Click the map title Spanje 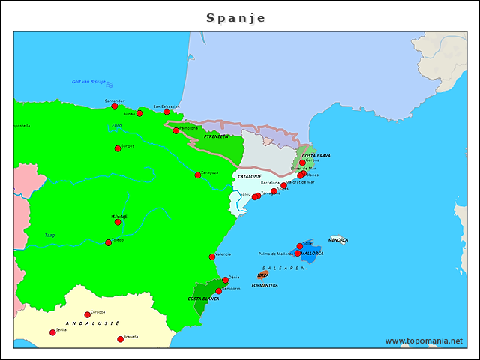point(235,17)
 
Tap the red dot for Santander point(115,106)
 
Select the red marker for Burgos point(118,148)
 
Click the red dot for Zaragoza point(198,175)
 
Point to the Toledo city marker point(109,242)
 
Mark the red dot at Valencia point(212,257)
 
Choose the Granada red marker point(120,339)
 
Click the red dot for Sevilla point(52,332)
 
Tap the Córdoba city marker point(87,315)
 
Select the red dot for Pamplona point(176,130)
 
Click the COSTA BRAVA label point(316,156)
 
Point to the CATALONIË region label point(250,176)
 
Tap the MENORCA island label point(338,240)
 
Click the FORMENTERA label point(265,285)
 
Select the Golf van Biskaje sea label point(88,82)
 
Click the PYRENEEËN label point(216,136)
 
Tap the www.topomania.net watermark point(424,340)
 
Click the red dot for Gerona point(302,163)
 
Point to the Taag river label point(49,235)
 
